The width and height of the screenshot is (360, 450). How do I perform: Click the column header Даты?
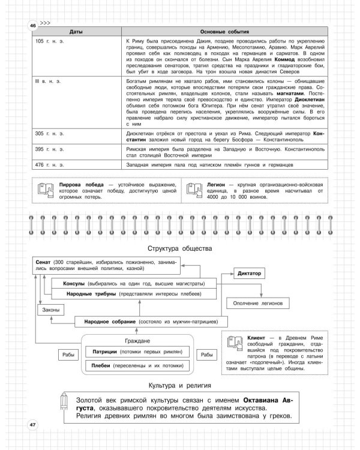tap(76, 31)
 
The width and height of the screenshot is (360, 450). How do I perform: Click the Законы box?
tap(50, 310)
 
